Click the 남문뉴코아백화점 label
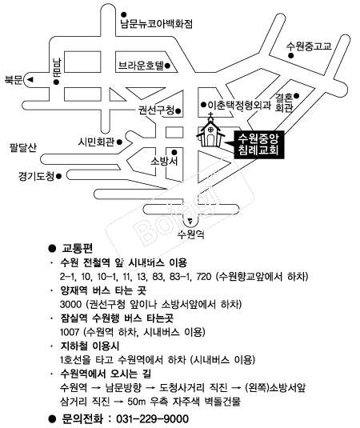pos(156,24)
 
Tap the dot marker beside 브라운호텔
pos(168,66)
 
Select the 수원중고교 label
pos(309,46)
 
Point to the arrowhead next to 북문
pos(30,80)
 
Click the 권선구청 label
pos(156,110)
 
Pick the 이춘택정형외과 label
pos(239,105)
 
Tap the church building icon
pos(210,130)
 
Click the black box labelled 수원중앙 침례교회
pos(258,145)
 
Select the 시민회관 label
pos(96,142)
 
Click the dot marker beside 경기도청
pos(58,176)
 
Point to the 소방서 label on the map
pos(164,161)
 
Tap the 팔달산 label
pos(23,147)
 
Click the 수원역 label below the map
pos(190,234)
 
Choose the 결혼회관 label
pos(284,102)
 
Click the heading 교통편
pos(78,248)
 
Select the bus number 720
pos(204,277)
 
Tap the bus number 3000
pos(70,304)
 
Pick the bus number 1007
pos(70,332)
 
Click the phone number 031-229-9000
pos(152,419)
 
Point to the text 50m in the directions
pos(138,402)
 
